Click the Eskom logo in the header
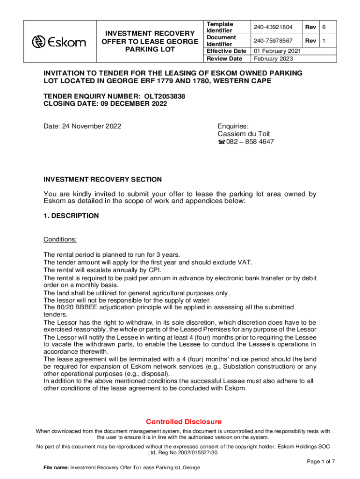[59, 42]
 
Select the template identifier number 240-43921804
[274, 28]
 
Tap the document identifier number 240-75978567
[274, 41]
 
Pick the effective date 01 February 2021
[277, 51]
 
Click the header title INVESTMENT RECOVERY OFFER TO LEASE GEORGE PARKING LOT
[149, 41]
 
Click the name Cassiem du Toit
[244, 134]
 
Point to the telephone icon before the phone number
[222, 142]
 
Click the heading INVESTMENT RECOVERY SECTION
[102, 179]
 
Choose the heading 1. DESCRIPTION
[71, 216]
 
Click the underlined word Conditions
[60, 239]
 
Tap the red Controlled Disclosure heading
[184, 421]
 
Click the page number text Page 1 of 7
[321, 462]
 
